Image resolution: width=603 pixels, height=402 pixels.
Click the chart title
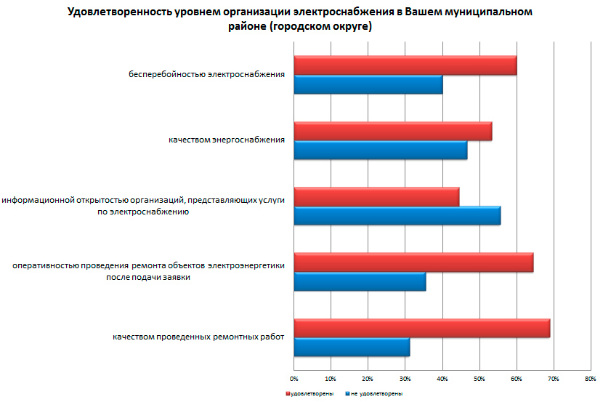coord(300,20)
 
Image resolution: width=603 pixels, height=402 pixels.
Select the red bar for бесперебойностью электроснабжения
coord(405,65)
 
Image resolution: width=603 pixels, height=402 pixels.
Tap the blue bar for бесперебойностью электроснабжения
coord(368,84)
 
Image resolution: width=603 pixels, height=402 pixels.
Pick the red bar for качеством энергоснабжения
coord(392,132)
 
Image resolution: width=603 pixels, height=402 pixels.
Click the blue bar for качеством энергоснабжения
coord(380,150)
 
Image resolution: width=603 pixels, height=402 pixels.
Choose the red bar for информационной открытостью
coord(376,197)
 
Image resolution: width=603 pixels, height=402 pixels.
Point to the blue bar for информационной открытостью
coord(397,216)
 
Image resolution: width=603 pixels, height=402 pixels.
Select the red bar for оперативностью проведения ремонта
coord(413,262)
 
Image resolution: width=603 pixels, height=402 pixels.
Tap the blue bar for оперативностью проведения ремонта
coord(360,281)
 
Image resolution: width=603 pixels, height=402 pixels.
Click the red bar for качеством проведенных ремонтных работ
coord(421,328)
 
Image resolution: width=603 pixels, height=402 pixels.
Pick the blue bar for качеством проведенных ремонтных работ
coord(352,347)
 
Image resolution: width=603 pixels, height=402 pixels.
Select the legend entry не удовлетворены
coord(375,393)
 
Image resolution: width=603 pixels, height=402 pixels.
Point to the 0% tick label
coord(294,379)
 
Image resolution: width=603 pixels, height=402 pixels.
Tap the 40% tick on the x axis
coord(442,379)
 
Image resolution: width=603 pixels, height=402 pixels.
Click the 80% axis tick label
coord(590,379)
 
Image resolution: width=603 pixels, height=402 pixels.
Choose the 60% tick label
coord(516,379)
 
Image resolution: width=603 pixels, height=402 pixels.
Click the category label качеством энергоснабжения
coord(222,140)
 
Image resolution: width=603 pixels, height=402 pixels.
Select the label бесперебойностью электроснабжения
coord(206,74)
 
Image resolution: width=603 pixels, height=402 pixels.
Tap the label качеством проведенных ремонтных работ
coord(198,337)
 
